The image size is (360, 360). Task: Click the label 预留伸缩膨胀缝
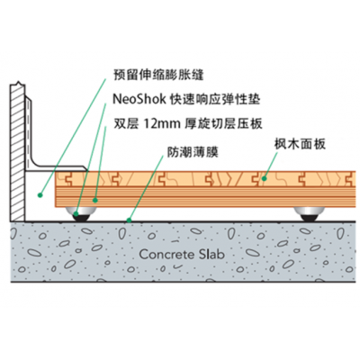tap(158, 75)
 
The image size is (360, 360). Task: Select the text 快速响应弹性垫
tap(214, 99)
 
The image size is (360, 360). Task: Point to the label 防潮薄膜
tap(193, 152)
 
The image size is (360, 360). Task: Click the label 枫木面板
tap(300, 144)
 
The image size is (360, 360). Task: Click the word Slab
tap(211, 255)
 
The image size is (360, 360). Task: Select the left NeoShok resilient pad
tap(81, 214)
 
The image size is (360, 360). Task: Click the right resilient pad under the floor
tap(309, 214)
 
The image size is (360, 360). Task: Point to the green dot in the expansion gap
tap(40, 195)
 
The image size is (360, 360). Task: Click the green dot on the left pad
tap(76, 214)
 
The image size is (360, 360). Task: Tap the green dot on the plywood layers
tap(94, 200)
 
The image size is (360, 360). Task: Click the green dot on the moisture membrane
tap(129, 220)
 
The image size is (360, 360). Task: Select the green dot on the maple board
tap(264, 179)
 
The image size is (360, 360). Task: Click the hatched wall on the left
tap(17, 151)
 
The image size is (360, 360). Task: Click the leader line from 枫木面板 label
tap(271, 166)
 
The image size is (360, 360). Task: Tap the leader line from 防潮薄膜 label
tap(146, 188)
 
